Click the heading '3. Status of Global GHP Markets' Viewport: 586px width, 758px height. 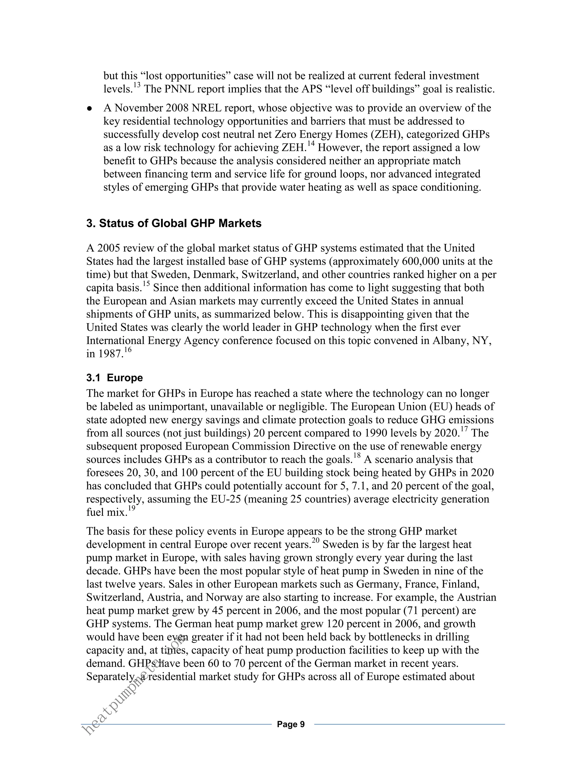click(x=174, y=223)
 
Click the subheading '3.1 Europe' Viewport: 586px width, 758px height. click(x=114, y=378)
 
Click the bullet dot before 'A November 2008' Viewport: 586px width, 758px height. click(x=90, y=108)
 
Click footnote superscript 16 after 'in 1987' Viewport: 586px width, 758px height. click(x=128, y=350)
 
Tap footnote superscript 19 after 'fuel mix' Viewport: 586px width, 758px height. click(x=131, y=508)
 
